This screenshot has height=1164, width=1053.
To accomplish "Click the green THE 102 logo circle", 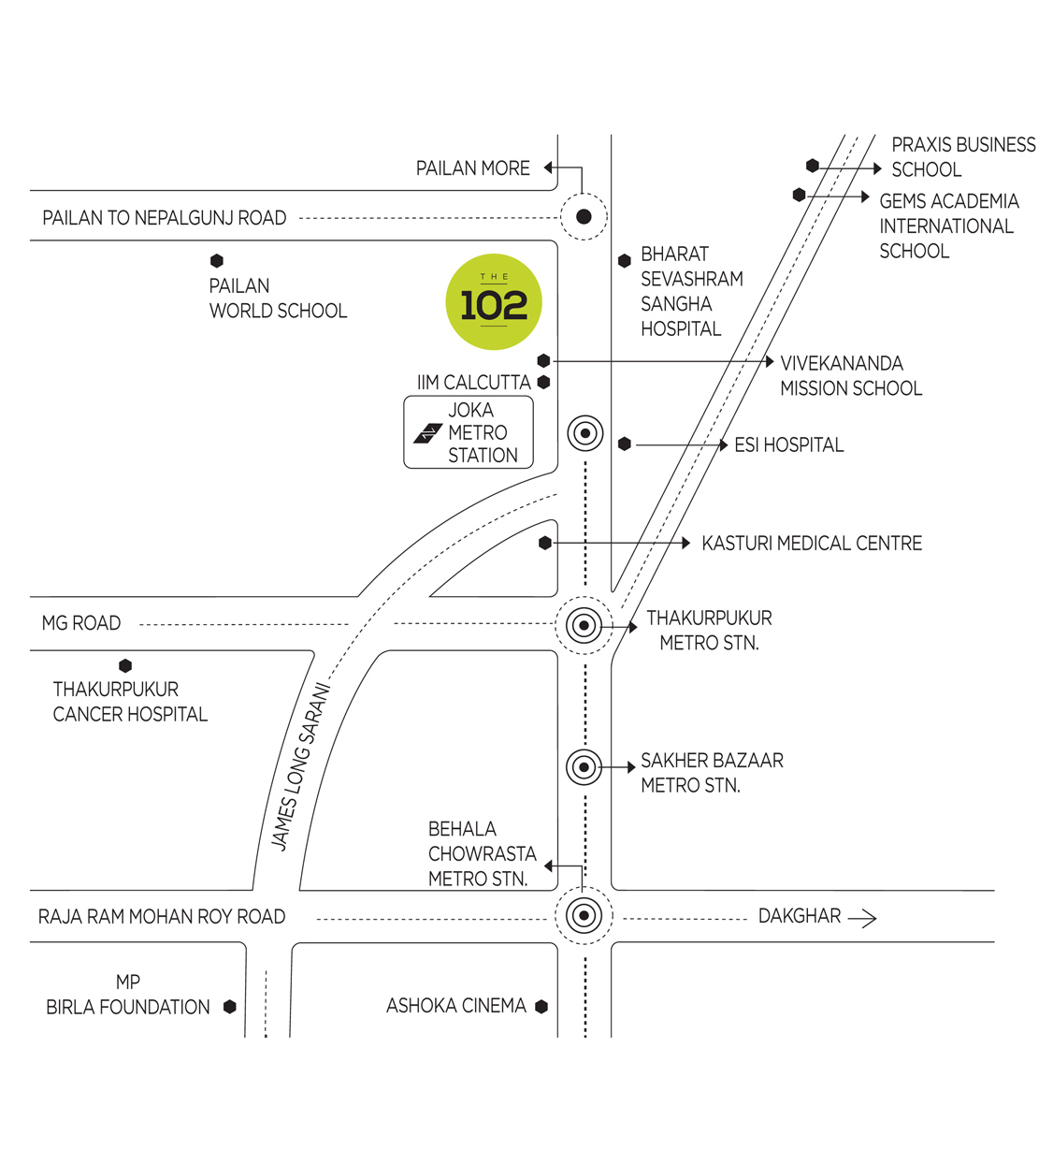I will point(494,302).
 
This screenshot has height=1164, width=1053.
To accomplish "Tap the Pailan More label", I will point(472,168).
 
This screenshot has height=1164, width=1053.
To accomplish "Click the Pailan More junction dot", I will point(584,217).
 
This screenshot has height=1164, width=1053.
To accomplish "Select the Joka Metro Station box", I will point(469,432).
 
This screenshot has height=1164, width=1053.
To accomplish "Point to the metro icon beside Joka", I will point(428,433).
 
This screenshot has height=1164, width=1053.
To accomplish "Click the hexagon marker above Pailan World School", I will point(217,261).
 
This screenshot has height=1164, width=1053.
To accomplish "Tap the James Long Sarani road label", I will point(300,767).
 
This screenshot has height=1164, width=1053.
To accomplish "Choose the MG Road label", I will point(81,623).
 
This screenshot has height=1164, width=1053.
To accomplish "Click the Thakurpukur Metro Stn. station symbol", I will point(584,625).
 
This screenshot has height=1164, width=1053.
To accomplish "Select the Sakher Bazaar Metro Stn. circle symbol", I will point(584,767).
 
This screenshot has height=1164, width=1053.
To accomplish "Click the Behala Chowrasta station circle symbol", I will point(584,915).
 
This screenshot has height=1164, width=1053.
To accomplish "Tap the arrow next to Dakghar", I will point(862,918).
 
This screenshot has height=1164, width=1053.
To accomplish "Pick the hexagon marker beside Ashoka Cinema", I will point(541,1007).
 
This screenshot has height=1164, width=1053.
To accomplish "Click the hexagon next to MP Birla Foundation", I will point(230,1007).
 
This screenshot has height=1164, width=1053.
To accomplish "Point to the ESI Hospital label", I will point(788,445).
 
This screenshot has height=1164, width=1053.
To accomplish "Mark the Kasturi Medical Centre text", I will point(811,544).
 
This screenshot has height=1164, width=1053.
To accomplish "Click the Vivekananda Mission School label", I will point(850,376).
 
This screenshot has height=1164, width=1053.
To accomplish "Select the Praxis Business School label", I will point(962,157).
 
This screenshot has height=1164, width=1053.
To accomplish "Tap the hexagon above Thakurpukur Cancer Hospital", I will point(125,666).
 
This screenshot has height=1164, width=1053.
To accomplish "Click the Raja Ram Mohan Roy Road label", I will point(162,917).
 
